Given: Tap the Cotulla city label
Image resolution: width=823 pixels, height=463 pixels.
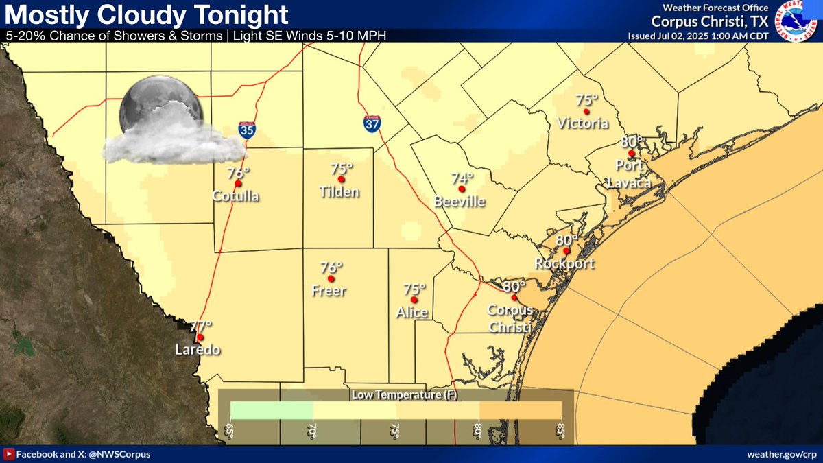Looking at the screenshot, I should click(236, 197).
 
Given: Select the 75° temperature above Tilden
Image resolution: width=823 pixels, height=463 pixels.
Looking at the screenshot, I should click(341, 168).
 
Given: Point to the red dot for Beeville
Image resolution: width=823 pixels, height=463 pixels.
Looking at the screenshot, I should click(462, 189).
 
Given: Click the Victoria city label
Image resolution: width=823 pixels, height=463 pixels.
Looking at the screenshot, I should click(583, 123).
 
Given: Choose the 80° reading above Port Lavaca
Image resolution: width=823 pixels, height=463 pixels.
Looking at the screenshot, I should click(631, 142).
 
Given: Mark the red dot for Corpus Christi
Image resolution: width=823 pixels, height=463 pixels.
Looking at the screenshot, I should click(514, 298).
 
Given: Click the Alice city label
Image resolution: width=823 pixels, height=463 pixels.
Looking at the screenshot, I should click(411, 313).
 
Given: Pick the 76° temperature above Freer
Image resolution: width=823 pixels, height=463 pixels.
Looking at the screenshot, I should click(331, 268).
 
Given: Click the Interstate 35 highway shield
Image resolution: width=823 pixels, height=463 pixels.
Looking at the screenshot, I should click(247, 131).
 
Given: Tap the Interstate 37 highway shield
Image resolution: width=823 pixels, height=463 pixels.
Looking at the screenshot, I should click(371, 124).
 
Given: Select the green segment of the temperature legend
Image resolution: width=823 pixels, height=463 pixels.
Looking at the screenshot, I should click(272, 409).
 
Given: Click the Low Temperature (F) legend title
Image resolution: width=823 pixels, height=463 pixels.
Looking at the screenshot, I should click(396, 395).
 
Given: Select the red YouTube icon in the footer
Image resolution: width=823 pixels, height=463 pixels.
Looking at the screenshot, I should click(9, 455).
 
